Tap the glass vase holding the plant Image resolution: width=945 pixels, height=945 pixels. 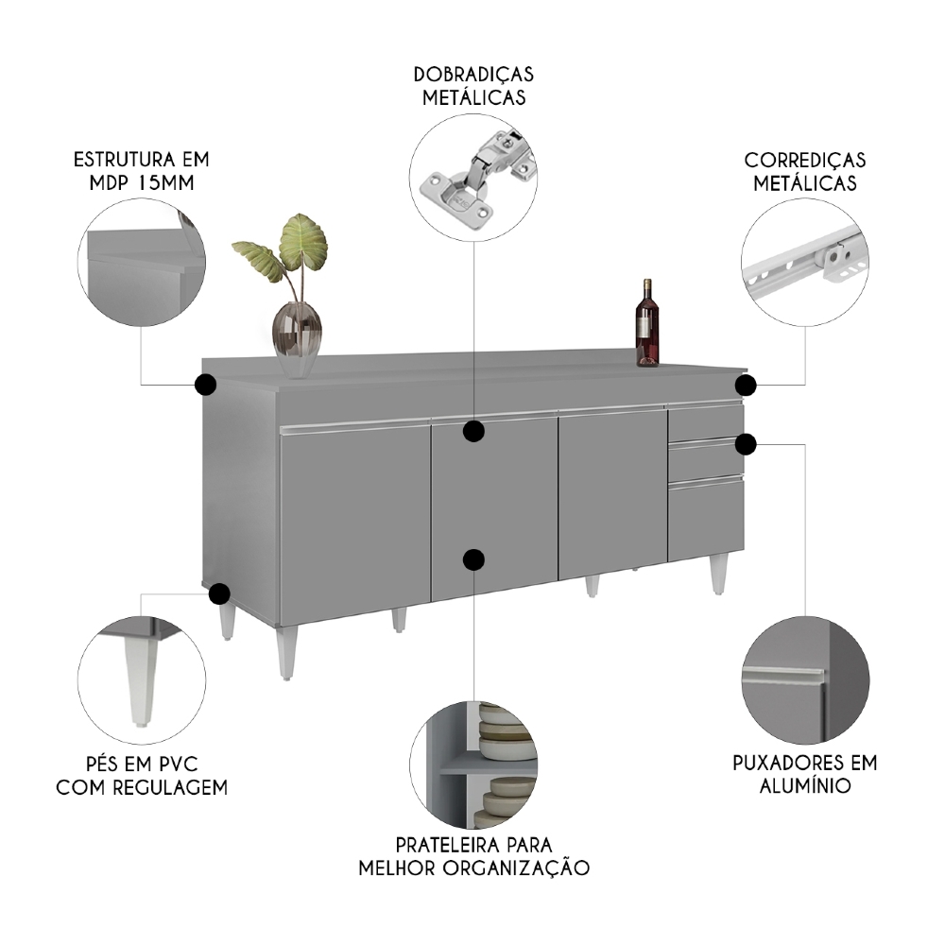click(x=297, y=333)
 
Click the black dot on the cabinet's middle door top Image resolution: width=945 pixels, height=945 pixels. click(x=474, y=432)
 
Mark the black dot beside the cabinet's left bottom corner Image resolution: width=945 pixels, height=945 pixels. click(x=219, y=593)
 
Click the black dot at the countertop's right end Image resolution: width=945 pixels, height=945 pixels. click(x=747, y=385)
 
